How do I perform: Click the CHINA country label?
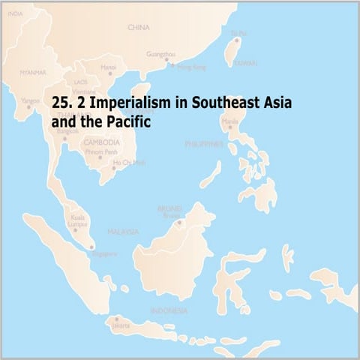pos(139,28)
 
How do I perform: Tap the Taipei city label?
pos(238,32)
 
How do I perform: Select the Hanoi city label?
pos(108,66)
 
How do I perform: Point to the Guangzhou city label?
pos(161,54)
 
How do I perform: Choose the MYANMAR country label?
pos(33,73)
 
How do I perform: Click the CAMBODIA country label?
pos(101,142)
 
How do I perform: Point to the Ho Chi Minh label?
pos(129,162)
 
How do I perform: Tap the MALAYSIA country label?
pos(123,232)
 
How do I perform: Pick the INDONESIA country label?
pos(169,310)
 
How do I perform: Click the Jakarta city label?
pos(121,325)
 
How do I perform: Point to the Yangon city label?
pos(30,100)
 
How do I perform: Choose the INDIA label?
pos(15,13)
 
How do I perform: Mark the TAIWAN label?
pos(244,64)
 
